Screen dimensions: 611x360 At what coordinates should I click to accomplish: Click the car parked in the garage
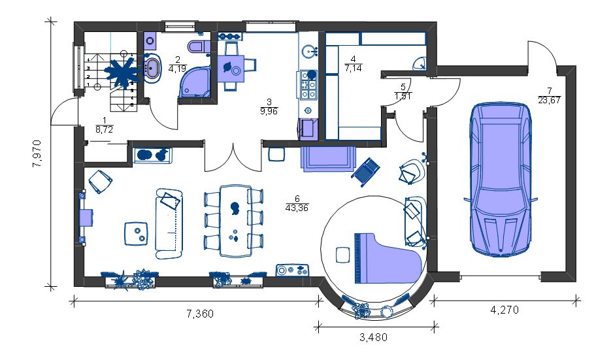(x=501, y=179)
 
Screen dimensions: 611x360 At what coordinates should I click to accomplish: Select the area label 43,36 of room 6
(x=297, y=208)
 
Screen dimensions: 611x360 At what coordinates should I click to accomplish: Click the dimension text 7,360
(x=200, y=314)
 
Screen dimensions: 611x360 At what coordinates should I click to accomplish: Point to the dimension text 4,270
(x=504, y=310)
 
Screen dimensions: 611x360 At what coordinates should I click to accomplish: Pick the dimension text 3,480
(x=373, y=337)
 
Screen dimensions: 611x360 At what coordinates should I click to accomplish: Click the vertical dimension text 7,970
(x=37, y=154)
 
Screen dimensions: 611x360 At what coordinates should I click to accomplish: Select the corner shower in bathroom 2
(x=195, y=81)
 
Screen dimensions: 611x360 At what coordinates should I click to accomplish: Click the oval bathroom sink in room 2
(x=152, y=68)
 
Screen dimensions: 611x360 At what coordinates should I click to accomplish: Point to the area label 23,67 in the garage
(x=549, y=100)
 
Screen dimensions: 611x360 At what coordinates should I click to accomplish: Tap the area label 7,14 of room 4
(x=354, y=68)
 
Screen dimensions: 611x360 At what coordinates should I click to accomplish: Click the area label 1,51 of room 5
(x=403, y=96)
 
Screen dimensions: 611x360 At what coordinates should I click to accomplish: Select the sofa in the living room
(x=169, y=223)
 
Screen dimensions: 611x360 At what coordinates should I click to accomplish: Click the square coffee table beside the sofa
(x=136, y=233)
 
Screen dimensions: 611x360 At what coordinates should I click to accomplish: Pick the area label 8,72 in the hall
(x=104, y=130)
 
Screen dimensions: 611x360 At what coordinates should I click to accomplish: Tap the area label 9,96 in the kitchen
(x=269, y=111)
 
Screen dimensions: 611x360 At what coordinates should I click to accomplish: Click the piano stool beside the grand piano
(x=343, y=255)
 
